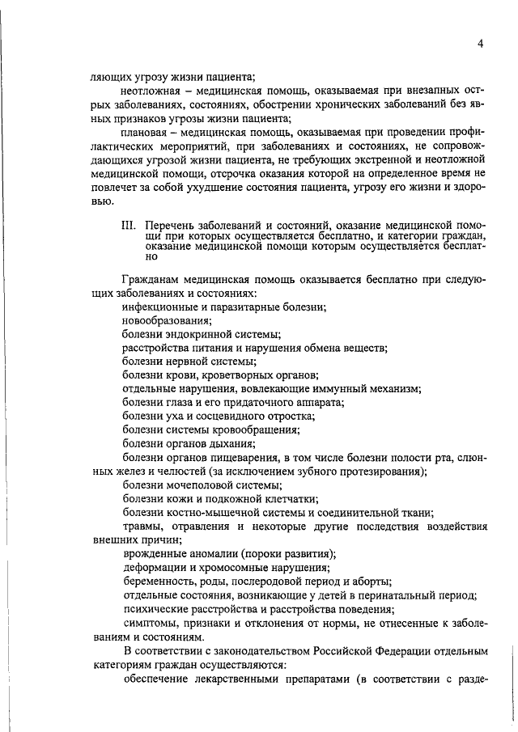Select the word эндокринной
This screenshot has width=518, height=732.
coord(192,335)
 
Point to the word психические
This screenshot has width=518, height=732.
coord(157,608)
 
